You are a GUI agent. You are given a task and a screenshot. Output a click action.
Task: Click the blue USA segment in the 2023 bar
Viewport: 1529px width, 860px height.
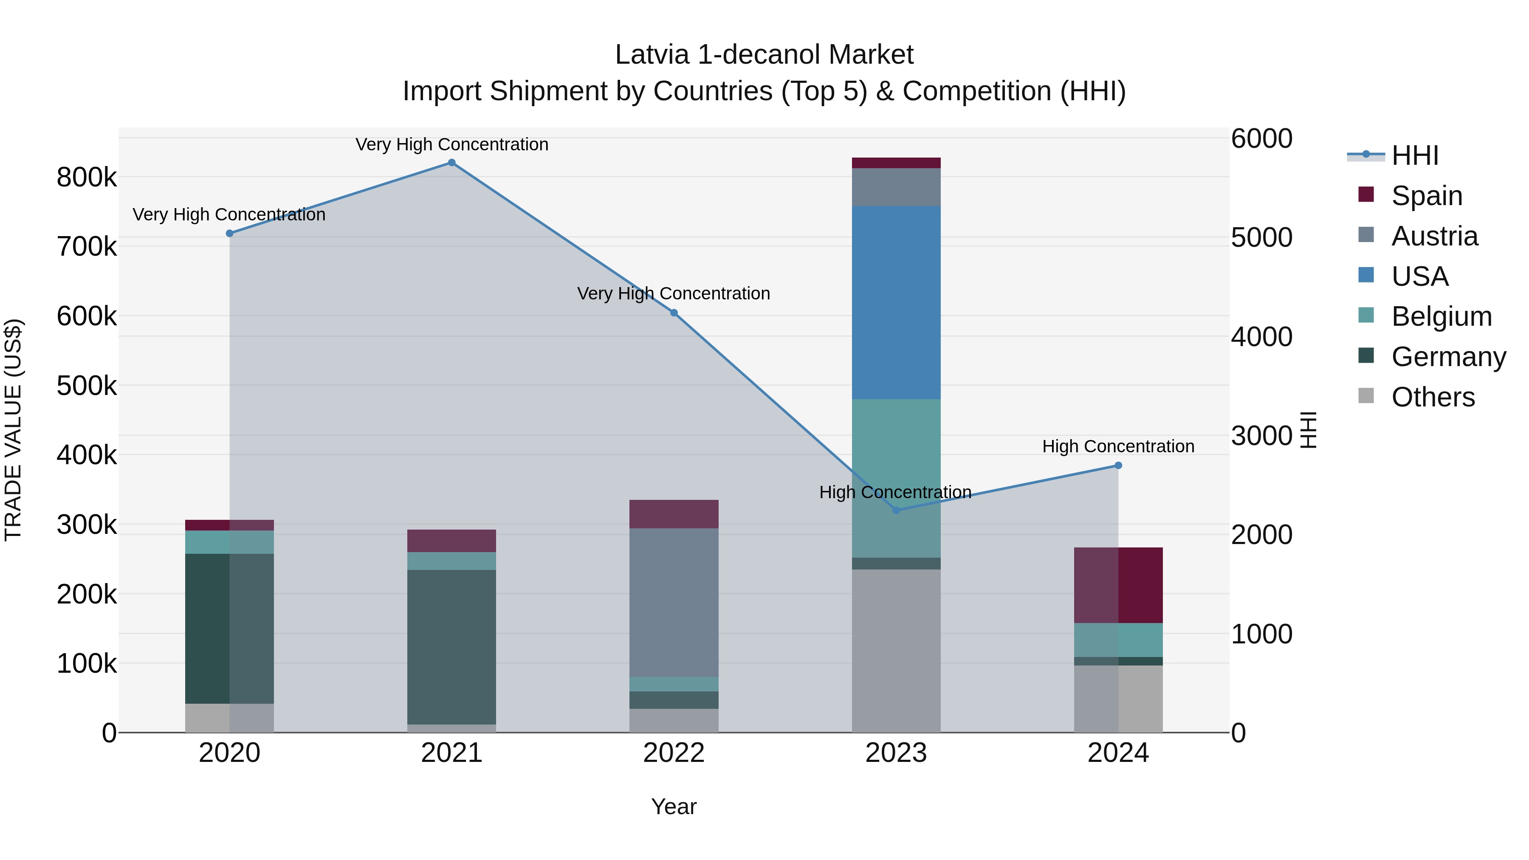(x=896, y=303)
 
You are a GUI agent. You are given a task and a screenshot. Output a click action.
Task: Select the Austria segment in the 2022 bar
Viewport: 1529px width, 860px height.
(x=674, y=602)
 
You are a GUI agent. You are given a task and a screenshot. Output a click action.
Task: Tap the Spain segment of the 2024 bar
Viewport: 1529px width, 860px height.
(x=1118, y=585)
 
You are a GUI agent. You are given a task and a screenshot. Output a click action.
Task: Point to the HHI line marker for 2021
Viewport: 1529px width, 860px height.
(x=452, y=163)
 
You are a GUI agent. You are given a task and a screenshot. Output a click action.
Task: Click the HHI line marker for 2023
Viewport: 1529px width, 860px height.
(x=896, y=510)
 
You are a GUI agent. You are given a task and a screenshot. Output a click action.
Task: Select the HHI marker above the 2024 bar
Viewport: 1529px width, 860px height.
(x=1118, y=466)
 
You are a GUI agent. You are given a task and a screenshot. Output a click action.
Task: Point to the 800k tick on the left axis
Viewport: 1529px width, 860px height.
(x=87, y=178)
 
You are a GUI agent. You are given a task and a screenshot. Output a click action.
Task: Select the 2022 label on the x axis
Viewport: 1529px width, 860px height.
(x=674, y=753)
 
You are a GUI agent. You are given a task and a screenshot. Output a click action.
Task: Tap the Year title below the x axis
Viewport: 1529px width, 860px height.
(x=674, y=806)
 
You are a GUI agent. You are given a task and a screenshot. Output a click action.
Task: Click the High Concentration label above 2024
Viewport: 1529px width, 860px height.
(x=1118, y=446)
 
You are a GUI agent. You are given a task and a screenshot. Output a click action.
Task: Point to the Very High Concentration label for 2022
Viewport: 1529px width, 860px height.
(x=674, y=294)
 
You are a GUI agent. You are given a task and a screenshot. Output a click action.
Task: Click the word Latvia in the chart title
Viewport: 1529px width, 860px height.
(x=652, y=55)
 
